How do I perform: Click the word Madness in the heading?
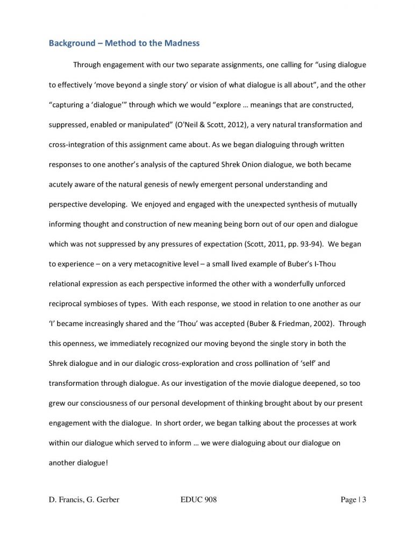pyautogui.click(x=181, y=43)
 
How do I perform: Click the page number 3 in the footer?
pyautogui.click(x=364, y=500)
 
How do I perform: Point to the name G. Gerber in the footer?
pyautogui.click(x=101, y=500)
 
